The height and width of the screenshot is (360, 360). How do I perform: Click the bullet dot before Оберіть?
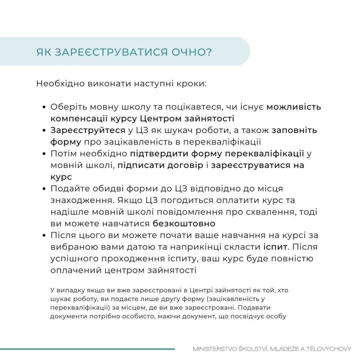coord(44,107)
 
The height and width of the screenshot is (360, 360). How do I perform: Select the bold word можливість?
coord(294,107)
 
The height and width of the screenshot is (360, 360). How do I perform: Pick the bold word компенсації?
coord(79,119)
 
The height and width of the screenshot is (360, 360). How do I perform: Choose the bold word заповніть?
coord(294,130)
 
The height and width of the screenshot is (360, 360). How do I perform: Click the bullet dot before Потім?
coord(44,154)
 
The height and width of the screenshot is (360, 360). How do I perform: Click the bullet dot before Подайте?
coord(44,189)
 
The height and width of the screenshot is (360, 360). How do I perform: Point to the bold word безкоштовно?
coord(184,224)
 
